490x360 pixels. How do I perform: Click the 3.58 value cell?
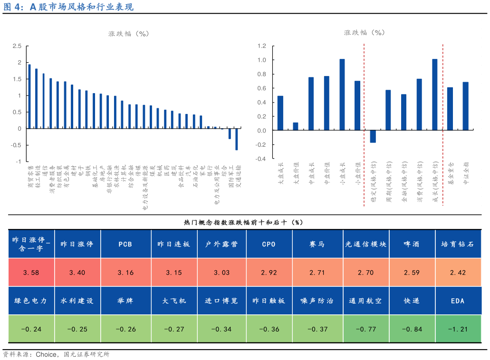point(31,273)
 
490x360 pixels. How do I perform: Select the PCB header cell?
point(125,244)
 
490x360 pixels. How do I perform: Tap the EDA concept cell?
point(458,301)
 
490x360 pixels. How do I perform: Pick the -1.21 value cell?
point(458,329)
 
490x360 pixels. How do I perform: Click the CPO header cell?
point(269,244)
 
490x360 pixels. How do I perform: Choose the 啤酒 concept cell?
point(412,244)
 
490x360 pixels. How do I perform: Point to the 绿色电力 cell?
point(31,301)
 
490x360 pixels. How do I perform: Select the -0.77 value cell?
point(365,329)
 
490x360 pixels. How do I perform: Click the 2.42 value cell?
point(458,273)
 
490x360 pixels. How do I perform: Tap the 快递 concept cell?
point(412,301)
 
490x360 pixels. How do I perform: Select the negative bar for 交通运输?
point(236,139)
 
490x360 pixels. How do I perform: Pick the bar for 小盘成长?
point(342,95)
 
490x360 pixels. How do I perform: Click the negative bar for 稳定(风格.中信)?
point(373,136)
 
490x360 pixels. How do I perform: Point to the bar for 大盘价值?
point(296,126)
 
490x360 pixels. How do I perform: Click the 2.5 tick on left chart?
point(17,46)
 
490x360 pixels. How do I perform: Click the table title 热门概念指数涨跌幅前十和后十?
point(243,222)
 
